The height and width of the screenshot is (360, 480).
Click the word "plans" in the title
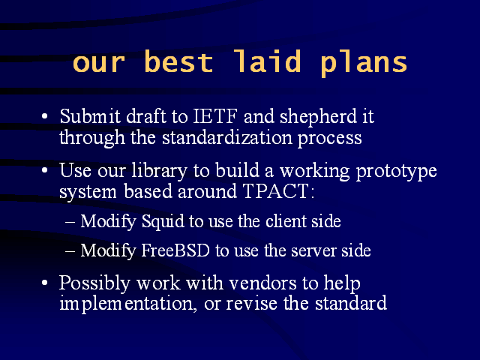click(x=364, y=63)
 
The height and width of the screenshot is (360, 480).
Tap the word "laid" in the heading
click(x=267, y=61)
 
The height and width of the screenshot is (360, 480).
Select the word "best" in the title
click(x=178, y=61)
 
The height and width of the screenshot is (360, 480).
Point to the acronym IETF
click(x=215, y=116)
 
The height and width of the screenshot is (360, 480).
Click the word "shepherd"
click(x=318, y=118)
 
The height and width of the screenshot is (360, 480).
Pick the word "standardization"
click(x=226, y=137)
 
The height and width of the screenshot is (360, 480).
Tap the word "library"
click(x=159, y=171)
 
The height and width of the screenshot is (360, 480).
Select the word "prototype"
click(x=397, y=172)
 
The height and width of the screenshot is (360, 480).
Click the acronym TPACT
click(x=275, y=191)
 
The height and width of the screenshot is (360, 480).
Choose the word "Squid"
click(x=163, y=222)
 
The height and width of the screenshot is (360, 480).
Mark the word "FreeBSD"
click(x=175, y=250)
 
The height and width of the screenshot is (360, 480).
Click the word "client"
click(x=286, y=220)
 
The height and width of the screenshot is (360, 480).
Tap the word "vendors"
click(x=263, y=283)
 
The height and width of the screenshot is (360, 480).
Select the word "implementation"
click(x=128, y=304)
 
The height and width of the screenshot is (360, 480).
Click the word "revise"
click(x=252, y=304)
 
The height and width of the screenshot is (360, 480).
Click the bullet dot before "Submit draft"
click(x=45, y=117)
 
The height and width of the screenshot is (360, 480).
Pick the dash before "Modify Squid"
click(x=70, y=223)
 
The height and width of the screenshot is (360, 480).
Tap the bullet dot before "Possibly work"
click(x=45, y=283)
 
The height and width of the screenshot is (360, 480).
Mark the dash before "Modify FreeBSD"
click(x=70, y=252)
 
